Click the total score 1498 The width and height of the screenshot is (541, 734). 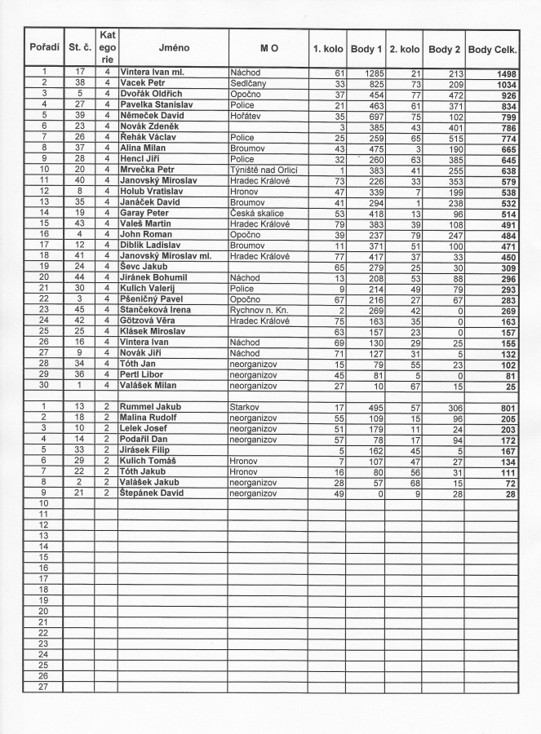(x=503, y=73)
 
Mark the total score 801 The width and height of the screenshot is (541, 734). (x=506, y=406)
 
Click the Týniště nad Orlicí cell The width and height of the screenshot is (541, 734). (x=266, y=170)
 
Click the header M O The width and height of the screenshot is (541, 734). (x=268, y=49)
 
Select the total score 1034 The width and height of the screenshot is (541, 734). (x=503, y=84)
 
